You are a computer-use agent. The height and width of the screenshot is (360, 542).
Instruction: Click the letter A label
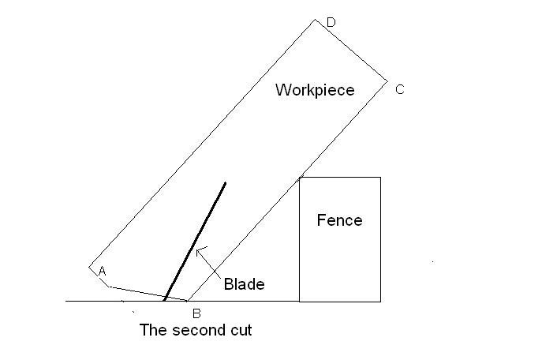[102, 271]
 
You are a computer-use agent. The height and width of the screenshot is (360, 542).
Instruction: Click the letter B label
[196, 313]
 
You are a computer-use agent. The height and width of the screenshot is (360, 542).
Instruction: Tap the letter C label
[399, 89]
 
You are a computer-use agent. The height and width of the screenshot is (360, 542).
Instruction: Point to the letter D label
[331, 22]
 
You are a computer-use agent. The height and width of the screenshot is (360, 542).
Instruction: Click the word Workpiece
[315, 90]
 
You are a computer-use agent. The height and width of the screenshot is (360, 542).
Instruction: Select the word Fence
[339, 220]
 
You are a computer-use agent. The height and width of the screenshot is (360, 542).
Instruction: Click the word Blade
[244, 284]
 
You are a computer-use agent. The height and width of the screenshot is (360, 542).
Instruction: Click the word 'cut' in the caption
[241, 330]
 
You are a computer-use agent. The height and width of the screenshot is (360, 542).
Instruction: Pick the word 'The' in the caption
[153, 330]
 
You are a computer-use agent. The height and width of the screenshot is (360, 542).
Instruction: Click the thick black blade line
[195, 242]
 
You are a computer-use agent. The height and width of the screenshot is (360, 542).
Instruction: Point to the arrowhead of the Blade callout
[196, 249]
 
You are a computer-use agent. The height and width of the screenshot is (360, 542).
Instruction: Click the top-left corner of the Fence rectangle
[300, 178]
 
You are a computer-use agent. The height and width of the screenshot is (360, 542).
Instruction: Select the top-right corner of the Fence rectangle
[380, 178]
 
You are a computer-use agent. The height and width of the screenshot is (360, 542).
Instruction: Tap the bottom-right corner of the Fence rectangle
[380, 302]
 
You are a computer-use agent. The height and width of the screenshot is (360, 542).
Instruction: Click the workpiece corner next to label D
[316, 20]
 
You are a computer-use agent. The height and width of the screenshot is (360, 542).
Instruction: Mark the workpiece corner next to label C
[387, 81]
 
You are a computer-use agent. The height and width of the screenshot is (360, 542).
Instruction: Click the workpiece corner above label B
[187, 301]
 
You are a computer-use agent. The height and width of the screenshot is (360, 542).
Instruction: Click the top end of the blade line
[226, 182]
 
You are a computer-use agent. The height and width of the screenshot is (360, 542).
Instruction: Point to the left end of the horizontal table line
[65, 302]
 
